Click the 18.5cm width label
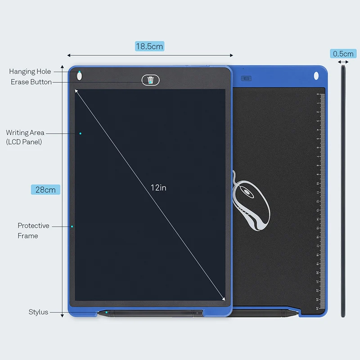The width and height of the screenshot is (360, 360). [x=149, y=46]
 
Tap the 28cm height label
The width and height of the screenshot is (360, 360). [x=45, y=189]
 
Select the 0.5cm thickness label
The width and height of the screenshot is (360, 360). [x=343, y=54]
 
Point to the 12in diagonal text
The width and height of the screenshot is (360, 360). [x=158, y=188]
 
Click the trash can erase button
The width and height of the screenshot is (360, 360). [x=151, y=80]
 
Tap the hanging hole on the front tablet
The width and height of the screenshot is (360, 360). [x=79, y=76]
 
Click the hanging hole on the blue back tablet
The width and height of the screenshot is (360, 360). [x=316, y=76]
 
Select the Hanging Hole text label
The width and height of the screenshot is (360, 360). [x=30, y=72]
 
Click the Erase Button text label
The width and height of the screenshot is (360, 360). [x=31, y=82]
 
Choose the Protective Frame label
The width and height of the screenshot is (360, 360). [x=33, y=230]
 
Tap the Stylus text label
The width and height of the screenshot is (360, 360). [x=38, y=312]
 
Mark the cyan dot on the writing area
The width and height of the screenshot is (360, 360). [x=81, y=133]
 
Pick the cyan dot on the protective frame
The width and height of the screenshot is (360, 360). [x=72, y=226]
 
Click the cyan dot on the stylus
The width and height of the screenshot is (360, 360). [x=106, y=312]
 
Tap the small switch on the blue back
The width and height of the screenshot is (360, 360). [x=246, y=78]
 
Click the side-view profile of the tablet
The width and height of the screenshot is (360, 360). [x=343, y=191]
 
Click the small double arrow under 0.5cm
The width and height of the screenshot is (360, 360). [x=343, y=62]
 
